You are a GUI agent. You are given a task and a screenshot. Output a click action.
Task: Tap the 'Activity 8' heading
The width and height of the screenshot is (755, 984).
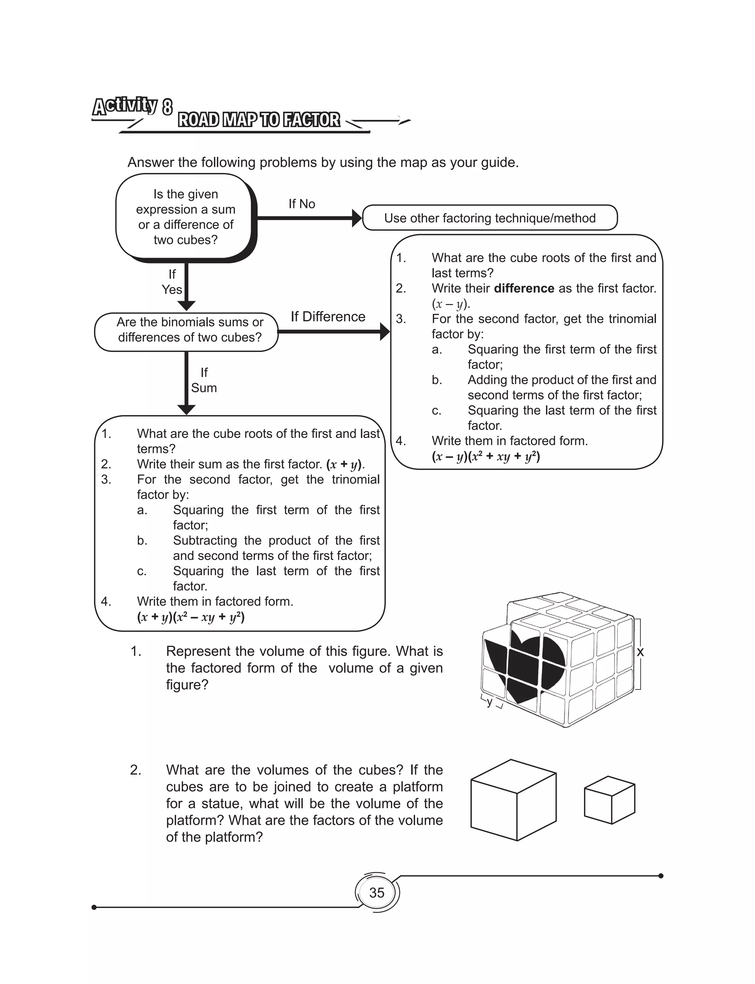click(133, 106)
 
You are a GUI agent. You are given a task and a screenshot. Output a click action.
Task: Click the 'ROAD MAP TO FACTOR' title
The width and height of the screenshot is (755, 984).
click(259, 120)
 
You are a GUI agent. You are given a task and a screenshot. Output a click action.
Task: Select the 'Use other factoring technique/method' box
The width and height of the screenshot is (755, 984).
click(490, 218)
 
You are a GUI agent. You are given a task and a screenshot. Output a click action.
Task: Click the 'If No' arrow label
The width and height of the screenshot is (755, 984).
click(302, 204)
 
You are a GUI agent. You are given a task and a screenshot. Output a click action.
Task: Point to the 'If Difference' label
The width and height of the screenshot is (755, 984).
click(328, 317)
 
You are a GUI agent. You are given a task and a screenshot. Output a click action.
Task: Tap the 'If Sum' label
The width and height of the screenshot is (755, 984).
click(203, 380)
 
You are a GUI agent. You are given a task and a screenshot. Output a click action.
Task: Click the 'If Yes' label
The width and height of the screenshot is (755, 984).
click(172, 282)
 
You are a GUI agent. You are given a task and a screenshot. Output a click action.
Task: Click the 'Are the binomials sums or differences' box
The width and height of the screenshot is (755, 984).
click(189, 330)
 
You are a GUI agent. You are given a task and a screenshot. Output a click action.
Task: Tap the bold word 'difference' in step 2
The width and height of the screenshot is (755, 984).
click(523, 288)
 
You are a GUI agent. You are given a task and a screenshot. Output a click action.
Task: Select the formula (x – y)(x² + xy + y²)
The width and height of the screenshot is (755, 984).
click(486, 456)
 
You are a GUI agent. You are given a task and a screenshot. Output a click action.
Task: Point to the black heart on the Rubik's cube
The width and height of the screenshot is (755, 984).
click(526, 665)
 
